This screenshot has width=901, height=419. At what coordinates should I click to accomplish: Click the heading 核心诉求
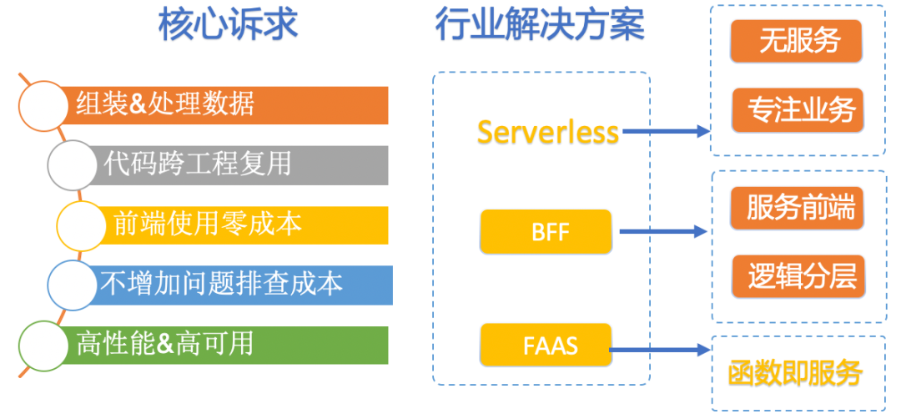[x=228, y=25]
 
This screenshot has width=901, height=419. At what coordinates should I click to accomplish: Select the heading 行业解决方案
[x=540, y=25]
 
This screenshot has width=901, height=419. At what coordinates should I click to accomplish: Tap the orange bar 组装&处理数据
[x=224, y=105]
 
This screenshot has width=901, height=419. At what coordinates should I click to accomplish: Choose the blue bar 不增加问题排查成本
[x=241, y=285]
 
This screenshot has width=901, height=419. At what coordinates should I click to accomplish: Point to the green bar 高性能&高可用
[x=224, y=345]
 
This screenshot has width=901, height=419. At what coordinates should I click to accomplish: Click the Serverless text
[x=548, y=132]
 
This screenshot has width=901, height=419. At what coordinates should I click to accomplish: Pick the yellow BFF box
[x=546, y=232]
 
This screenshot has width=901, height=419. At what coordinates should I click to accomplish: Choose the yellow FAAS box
[x=546, y=345]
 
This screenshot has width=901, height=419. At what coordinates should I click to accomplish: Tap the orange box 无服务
[x=796, y=42]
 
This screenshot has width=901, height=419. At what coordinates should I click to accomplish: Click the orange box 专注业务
[x=798, y=110]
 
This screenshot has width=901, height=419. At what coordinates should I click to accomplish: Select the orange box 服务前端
[x=798, y=208]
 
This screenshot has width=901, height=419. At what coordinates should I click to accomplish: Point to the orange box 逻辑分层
[x=798, y=276]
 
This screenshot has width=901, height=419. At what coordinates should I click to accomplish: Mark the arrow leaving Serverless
[x=667, y=132]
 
